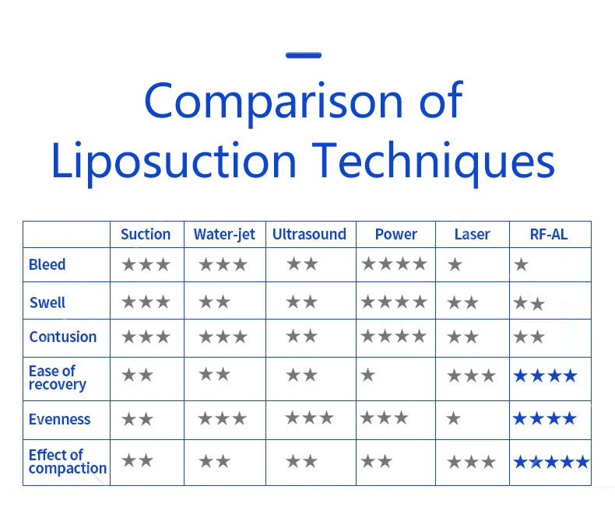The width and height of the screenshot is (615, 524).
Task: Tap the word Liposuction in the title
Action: [x=174, y=162]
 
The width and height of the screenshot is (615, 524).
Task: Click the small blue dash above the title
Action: [x=303, y=55]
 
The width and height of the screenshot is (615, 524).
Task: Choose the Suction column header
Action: [x=146, y=234]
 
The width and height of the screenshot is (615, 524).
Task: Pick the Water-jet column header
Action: [x=224, y=234]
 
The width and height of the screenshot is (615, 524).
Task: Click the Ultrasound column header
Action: [x=309, y=234]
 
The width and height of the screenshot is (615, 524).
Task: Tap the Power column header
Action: [x=395, y=234]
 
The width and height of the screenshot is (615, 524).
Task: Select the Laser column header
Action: [x=472, y=234]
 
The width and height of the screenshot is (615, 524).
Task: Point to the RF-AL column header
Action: [x=549, y=234]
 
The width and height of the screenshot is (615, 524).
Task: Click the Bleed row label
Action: [x=47, y=264]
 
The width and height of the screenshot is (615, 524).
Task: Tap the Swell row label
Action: [x=47, y=302]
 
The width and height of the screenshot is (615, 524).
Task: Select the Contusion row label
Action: [x=63, y=337]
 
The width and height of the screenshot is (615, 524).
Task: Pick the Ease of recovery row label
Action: [x=58, y=377]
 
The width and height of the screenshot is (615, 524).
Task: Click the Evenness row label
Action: [x=60, y=419]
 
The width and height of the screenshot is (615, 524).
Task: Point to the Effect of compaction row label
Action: [x=67, y=462]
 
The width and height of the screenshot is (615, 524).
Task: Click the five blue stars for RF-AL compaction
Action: [x=551, y=463]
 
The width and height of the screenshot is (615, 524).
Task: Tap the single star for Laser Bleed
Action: [x=455, y=265]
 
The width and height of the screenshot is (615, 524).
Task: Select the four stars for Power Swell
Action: [x=394, y=302]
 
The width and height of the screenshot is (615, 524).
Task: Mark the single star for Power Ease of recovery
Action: [x=368, y=376]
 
